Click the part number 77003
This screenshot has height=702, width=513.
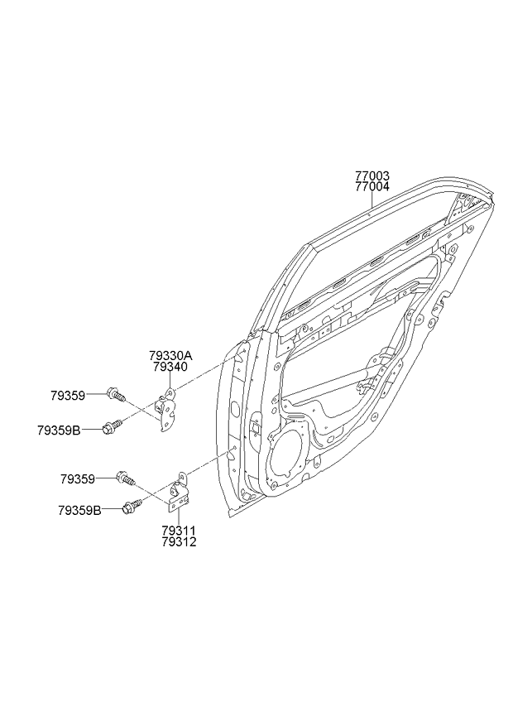coord(372,175)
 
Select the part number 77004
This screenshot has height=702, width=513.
coord(372,187)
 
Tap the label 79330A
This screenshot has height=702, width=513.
coord(170,356)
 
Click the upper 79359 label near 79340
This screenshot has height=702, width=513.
coord(68,396)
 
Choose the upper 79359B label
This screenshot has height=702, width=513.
coord(59,430)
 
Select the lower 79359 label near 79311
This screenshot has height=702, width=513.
coord(78,479)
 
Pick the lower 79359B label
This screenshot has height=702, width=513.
coord(79,510)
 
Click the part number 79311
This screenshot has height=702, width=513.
coord(179,531)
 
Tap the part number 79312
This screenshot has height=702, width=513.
coord(179,542)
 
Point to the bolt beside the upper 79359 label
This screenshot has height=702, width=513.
coord(117,396)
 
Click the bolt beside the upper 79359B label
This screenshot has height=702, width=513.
coord(112,426)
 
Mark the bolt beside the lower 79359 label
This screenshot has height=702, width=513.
coord(126,478)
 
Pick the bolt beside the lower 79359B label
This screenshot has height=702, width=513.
coord(132,507)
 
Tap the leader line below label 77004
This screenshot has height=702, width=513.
coord(372,200)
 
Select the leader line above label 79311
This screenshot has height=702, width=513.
coord(179,517)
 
